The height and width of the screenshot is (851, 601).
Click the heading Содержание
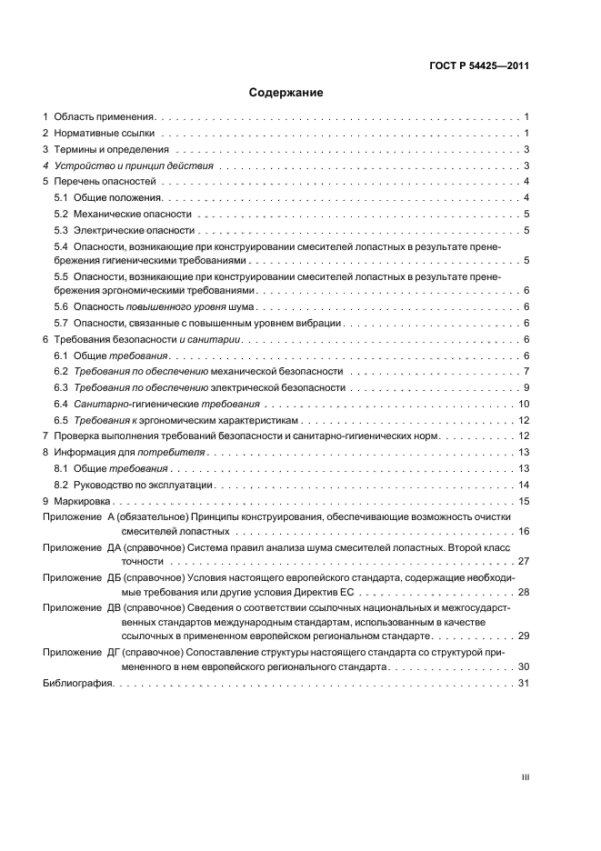click(x=286, y=93)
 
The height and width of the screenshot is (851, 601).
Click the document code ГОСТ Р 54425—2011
click(x=480, y=65)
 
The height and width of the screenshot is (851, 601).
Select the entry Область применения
click(x=105, y=117)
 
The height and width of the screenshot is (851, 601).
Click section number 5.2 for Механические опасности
click(x=61, y=214)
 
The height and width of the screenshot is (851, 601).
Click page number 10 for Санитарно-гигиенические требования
click(x=524, y=404)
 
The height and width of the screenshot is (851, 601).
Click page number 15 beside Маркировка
click(x=524, y=501)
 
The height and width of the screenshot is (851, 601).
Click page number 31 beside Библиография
click(x=524, y=684)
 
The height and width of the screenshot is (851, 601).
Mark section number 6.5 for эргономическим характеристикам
click(x=61, y=420)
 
